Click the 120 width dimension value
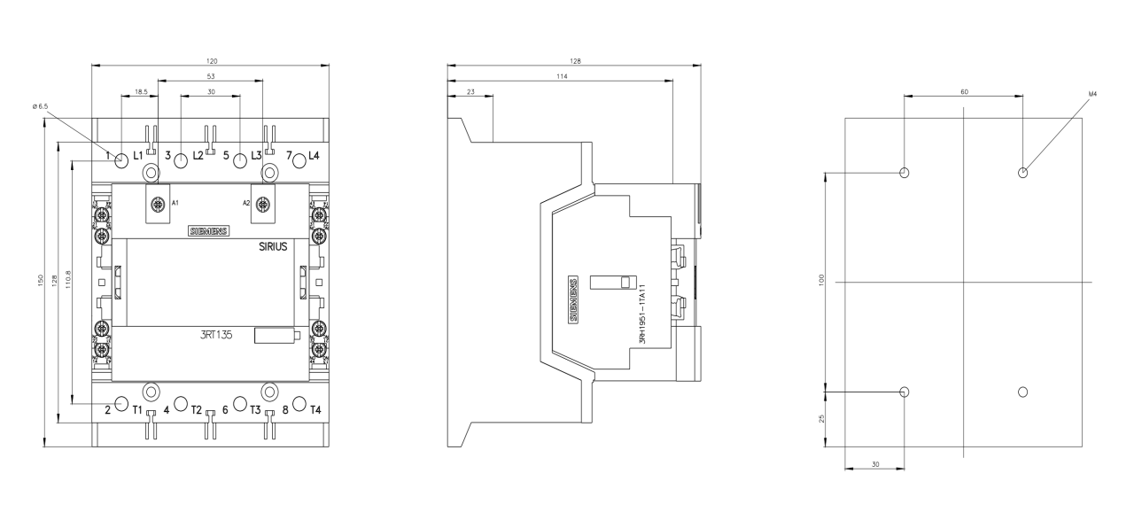212,61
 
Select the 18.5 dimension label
141,92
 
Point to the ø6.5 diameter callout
40,106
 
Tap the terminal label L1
138,156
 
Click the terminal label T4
315,409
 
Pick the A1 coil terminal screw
159,204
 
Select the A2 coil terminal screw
262,204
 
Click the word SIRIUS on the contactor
273,246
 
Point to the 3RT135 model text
215,335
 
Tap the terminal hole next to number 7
299,161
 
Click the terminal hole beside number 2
121,403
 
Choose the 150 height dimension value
41,280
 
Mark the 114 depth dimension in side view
562,76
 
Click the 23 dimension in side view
470,92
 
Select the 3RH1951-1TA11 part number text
642,314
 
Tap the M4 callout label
1092,94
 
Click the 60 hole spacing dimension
965,92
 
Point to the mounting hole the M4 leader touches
1022,173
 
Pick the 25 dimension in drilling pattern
821,419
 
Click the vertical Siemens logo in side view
573,299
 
